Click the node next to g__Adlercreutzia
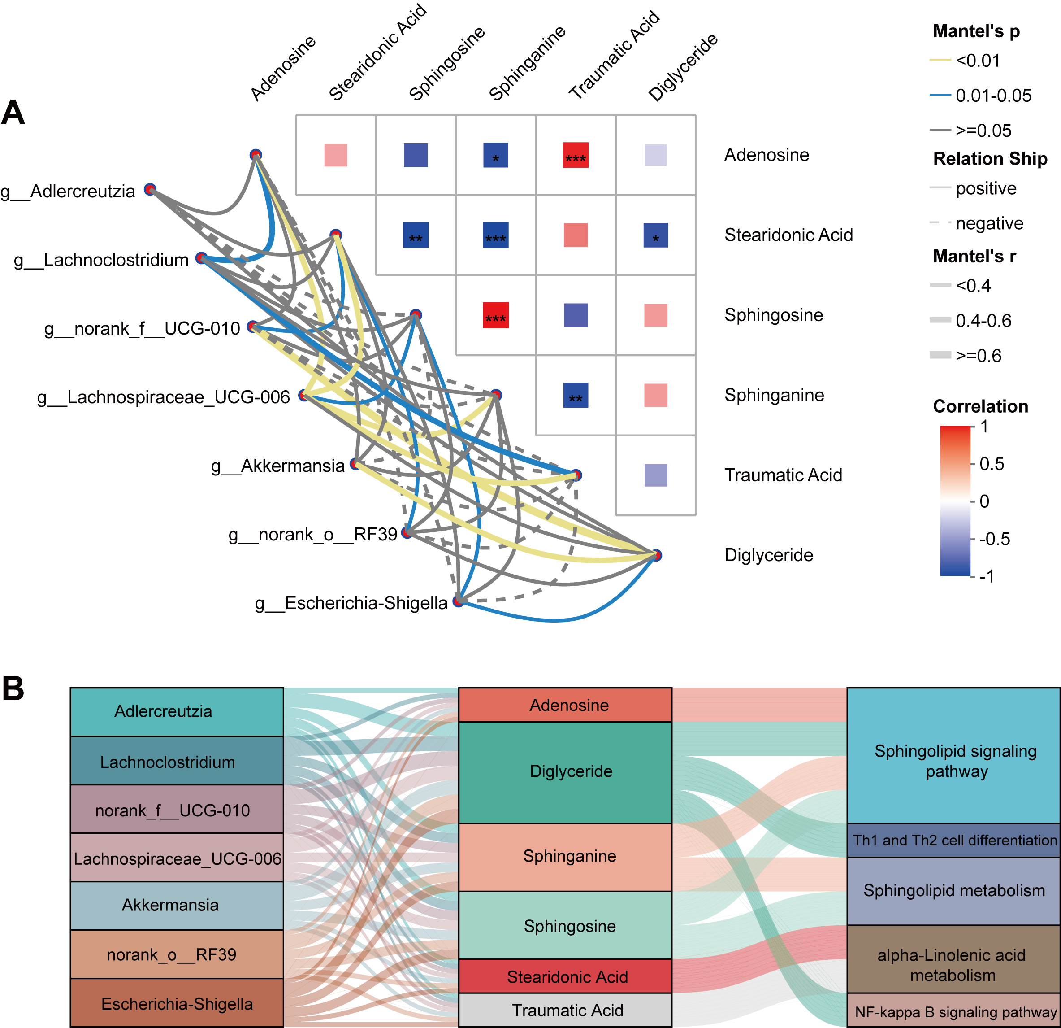(150, 189)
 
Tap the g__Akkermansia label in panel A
(278, 466)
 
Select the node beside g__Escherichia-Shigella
(459, 601)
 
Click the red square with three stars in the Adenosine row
(576, 155)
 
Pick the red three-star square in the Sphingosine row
(495, 315)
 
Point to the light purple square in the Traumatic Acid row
(655, 475)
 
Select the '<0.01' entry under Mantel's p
(978, 60)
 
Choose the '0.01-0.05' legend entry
(993, 96)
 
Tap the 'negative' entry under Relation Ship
(989, 223)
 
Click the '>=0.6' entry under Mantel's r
(978, 355)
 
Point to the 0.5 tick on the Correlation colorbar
(991, 464)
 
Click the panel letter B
(13, 689)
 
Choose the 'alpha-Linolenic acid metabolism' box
(953, 965)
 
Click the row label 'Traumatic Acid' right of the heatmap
(783, 475)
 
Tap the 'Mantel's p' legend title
(976, 31)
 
